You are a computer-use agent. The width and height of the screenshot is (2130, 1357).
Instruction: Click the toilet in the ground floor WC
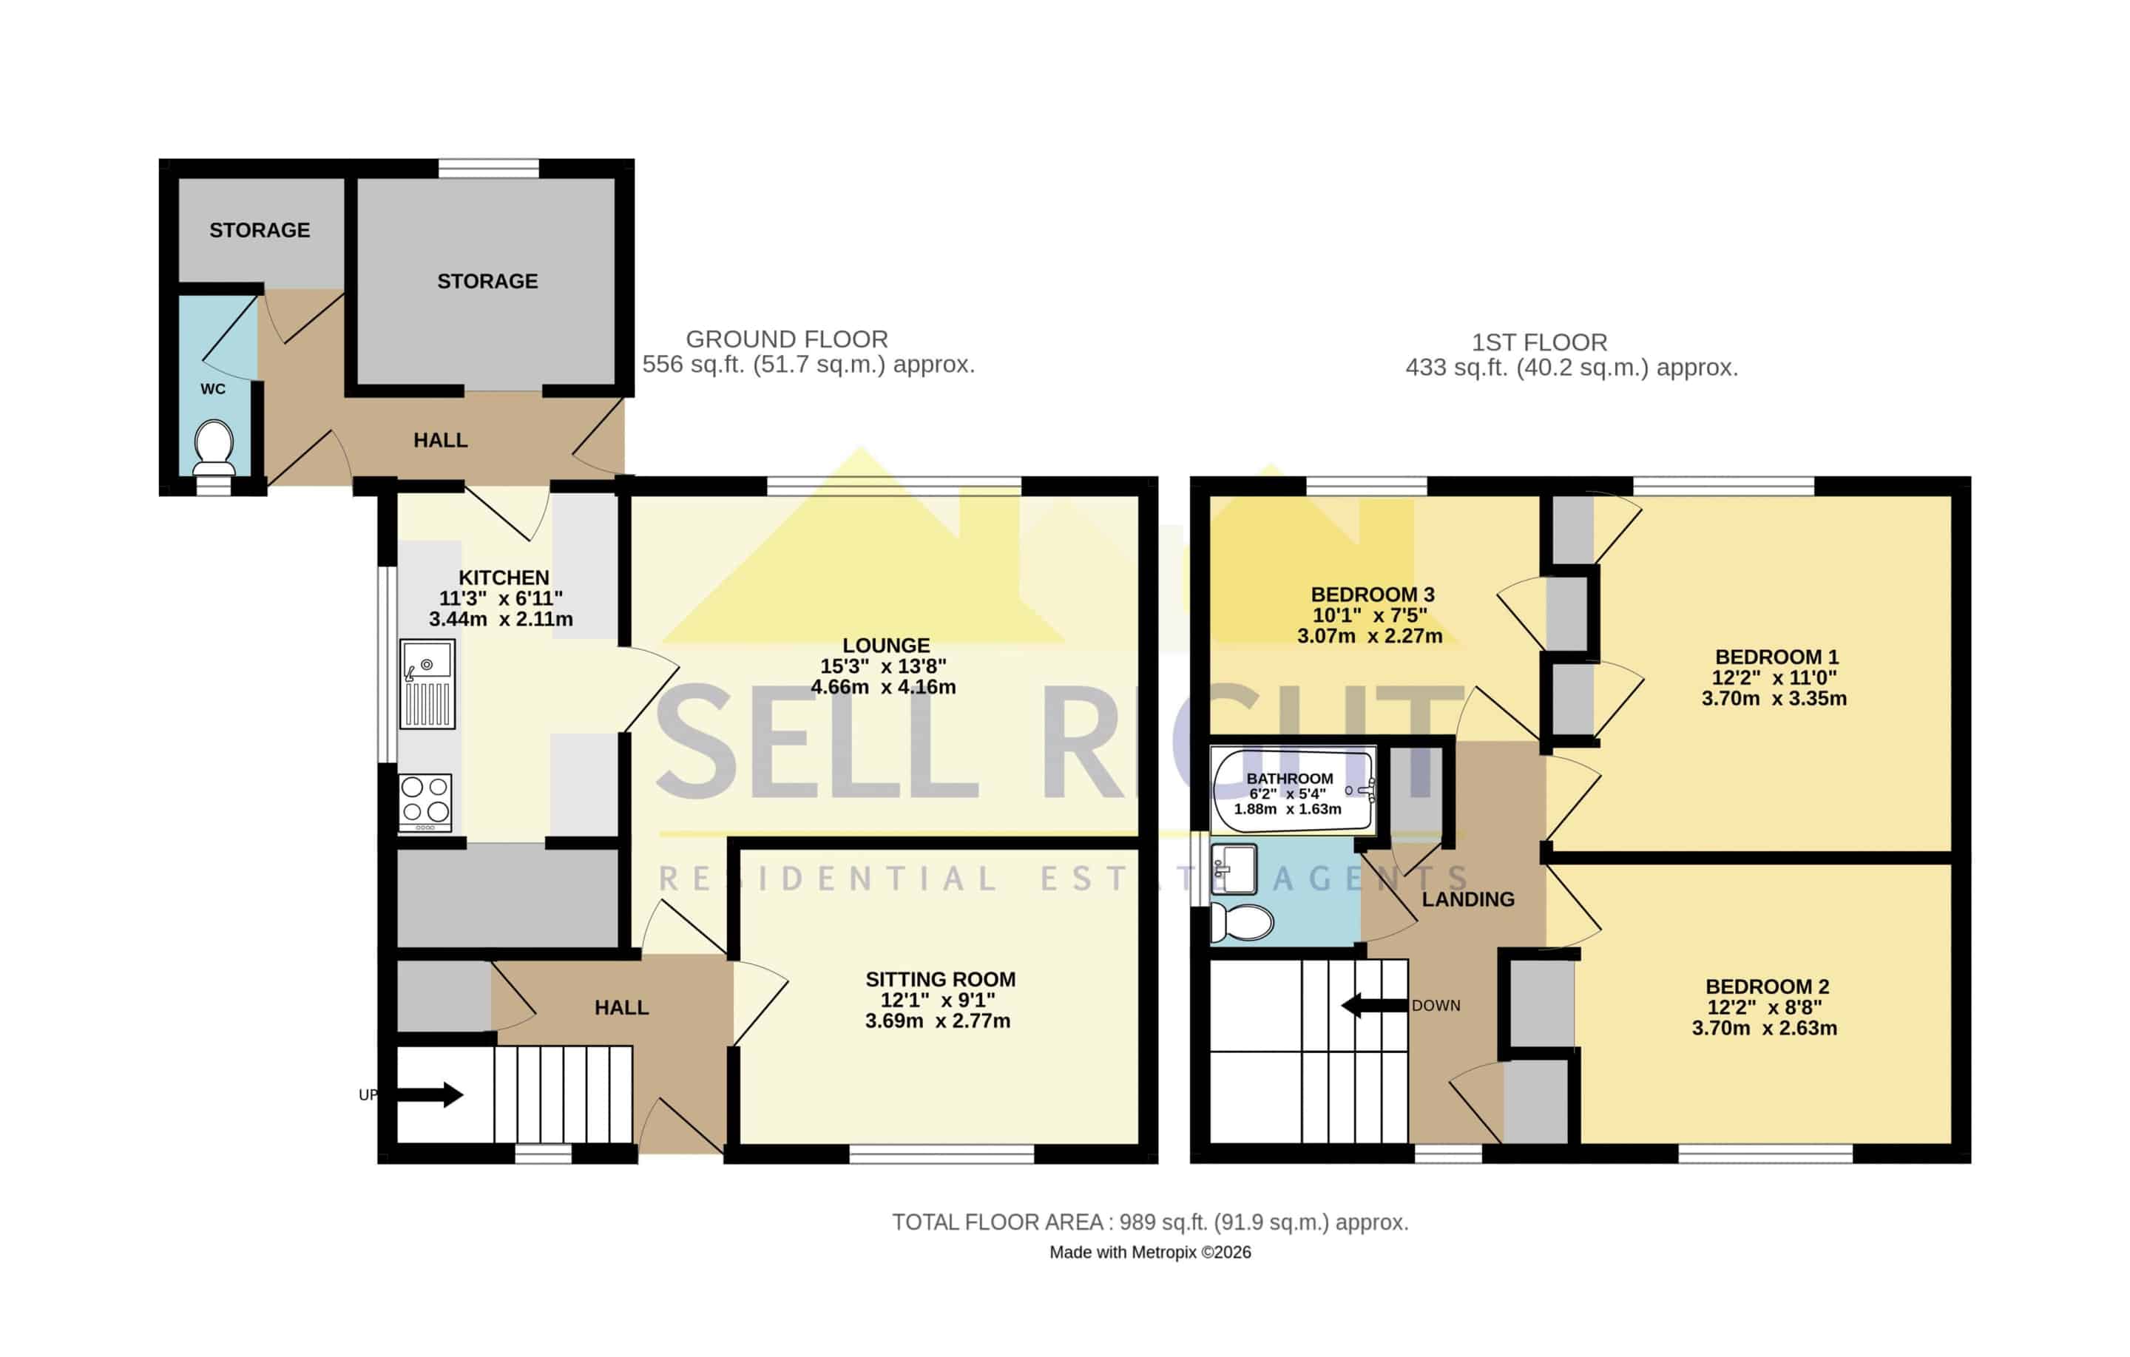point(213,447)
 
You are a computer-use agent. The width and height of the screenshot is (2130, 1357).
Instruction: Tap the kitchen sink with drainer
point(427,685)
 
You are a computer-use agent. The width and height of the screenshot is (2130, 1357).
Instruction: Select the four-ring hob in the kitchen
point(425,802)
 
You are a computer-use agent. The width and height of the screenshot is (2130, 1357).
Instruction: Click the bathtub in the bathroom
point(1292,790)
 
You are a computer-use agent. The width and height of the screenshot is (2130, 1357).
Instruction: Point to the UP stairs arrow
point(430,1095)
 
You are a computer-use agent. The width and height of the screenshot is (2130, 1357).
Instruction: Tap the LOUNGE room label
point(885,646)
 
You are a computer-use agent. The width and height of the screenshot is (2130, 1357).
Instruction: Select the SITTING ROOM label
point(940,979)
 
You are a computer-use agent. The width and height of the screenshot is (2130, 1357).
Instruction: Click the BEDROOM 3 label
point(1372,595)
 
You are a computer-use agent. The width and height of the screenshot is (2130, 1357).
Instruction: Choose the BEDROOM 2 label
point(1768,987)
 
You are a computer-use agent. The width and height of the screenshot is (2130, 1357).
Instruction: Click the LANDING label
point(1468,900)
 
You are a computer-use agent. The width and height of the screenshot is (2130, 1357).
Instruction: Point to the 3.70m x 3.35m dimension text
point(1774,698)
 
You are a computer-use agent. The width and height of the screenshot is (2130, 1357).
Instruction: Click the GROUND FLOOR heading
point(786,339)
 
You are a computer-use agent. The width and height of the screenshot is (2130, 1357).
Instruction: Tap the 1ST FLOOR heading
point(1539,342)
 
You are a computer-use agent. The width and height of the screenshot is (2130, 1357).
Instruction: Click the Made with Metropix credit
point(1150,1252)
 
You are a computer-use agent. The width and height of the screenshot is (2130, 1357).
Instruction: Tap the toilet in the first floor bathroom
point(1241,923)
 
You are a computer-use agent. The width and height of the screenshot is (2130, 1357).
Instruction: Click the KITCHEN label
point(504,577)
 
